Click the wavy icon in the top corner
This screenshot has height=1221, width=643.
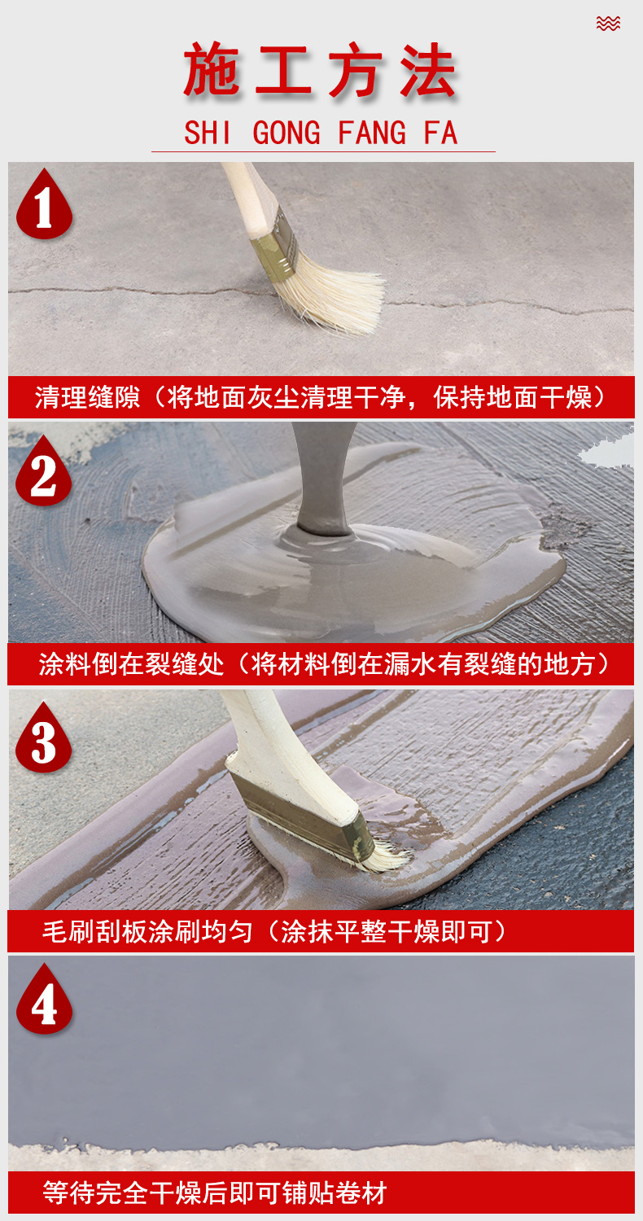click(608, 24)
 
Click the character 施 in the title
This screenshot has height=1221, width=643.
click(211, 71)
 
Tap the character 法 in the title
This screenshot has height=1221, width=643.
click(428, 71)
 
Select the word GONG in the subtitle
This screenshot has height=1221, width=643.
click(287, 133)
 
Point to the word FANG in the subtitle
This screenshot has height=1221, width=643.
click(372, 133)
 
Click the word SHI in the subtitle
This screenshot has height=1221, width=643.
click(208, 133)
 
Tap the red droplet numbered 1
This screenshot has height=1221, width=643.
click(44, 203)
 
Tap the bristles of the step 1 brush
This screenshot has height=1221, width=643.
click(332, 296)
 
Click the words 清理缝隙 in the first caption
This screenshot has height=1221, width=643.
click(88, 397)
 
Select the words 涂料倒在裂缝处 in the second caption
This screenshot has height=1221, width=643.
click(131, 664)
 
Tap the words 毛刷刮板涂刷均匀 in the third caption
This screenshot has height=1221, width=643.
click(147, 931)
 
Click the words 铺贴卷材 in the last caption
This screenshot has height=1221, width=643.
click(335, 1193)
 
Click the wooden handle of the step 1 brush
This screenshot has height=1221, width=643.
click(248, 199)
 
